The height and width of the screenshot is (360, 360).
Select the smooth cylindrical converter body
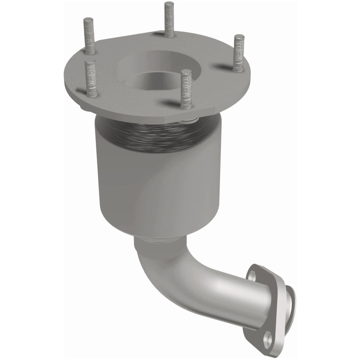click(148, 189)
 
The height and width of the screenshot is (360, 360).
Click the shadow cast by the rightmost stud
click(224, 67)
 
